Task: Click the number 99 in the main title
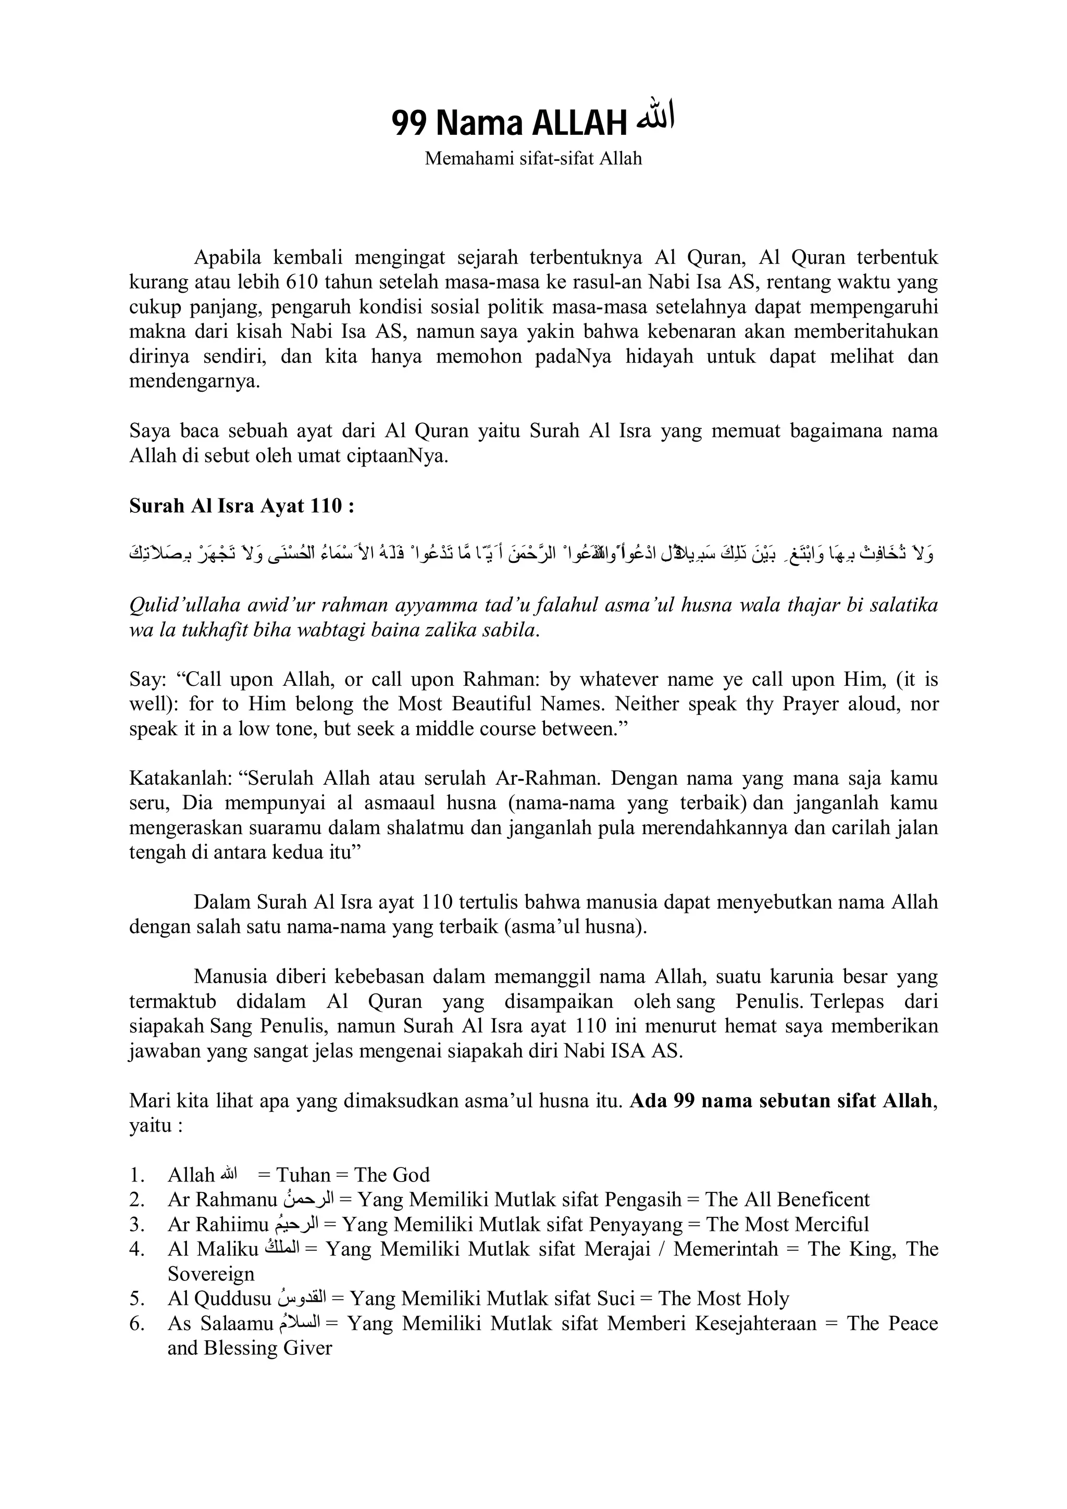(410, 123)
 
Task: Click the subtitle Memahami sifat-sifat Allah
(533, 158)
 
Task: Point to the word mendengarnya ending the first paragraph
(194, 381)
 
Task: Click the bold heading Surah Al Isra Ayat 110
(242, 506)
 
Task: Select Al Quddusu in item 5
(219, 1299)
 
